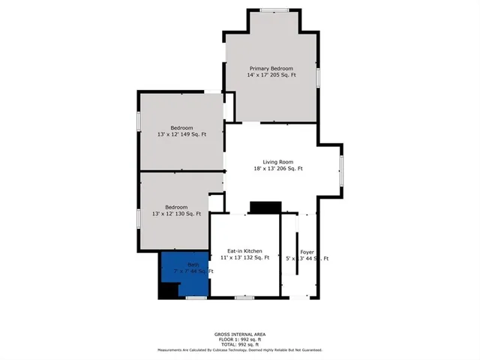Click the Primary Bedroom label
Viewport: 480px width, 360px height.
271,68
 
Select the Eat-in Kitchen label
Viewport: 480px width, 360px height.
244,251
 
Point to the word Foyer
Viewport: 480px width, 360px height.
307,251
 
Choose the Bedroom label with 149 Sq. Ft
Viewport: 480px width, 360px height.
181,127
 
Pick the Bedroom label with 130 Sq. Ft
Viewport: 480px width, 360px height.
176,207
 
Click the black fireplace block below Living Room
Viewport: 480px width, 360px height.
265,208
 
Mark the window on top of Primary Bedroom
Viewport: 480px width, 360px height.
274,9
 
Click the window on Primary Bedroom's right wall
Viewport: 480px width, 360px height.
318,76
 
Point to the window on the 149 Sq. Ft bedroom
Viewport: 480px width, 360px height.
139,121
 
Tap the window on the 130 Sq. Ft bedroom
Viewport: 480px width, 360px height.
139,218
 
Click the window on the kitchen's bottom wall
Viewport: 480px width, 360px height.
244,298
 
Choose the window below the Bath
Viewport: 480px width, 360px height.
196,298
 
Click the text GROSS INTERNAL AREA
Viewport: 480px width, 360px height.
239,334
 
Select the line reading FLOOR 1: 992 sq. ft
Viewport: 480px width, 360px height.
239,339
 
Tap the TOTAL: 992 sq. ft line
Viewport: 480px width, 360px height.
239,344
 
